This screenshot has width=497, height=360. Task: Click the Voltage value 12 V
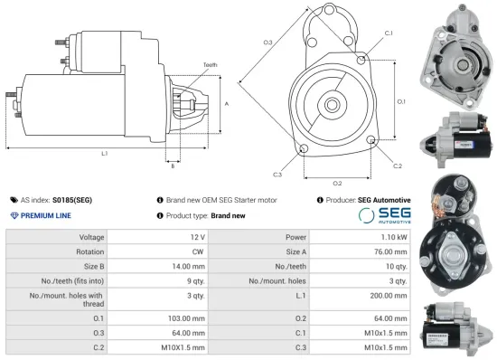point(198,236)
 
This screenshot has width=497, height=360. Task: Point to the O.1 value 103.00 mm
point(189,317)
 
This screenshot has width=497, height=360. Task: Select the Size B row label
point(93,266)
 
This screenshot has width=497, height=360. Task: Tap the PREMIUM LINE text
point(46,215)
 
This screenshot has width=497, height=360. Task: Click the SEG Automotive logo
point(383,215)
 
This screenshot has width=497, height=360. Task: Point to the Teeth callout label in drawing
point(210,65)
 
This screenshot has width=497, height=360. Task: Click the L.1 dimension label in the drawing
point(105,153)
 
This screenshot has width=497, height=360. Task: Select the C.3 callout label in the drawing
point(277,175)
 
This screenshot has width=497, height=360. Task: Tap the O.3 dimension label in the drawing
point(267,43)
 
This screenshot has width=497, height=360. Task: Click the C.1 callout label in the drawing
point(389,33)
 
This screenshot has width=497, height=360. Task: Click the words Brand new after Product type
point(228,215)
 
